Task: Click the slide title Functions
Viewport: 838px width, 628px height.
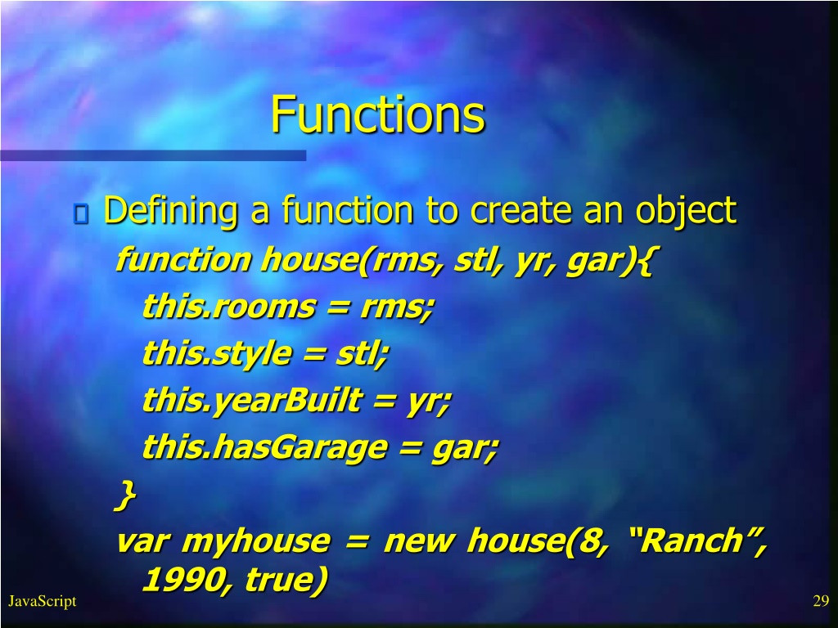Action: (x=378, y=114)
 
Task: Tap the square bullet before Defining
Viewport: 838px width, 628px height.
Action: (x=81, y=213)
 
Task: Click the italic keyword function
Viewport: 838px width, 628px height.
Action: (x=183, y=259)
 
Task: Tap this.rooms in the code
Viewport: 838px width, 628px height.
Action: (x=229, y=307)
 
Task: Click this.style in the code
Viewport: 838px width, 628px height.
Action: (x=217, y=354)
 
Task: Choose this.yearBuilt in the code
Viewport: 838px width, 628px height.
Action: (x=252, y=401)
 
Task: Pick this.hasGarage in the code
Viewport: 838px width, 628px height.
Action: (x=264, y=447)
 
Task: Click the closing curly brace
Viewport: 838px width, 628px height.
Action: (x=125, y=495)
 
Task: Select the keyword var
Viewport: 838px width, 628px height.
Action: (x=142, y=541)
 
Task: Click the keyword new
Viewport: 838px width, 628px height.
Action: (x=418, y=541)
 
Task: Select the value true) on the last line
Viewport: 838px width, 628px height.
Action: (x=286, y=580)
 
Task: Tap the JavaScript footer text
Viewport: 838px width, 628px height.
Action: (x=43, y=601)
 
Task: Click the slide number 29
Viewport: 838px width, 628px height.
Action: (x=821, y=601)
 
